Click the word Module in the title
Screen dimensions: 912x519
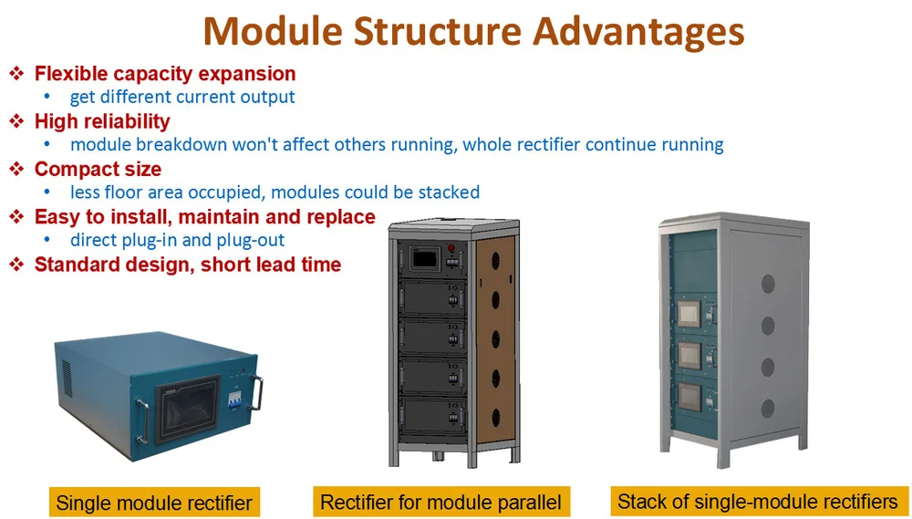pos(274,31)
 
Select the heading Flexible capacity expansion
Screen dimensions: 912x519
pos(165,74)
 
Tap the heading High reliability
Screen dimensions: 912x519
pos(102,121)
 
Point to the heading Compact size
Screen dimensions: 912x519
pos(98,170)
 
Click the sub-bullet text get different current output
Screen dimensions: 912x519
pos(182,97)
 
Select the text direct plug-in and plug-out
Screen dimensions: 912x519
pos(178,240)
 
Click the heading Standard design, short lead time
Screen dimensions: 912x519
pos(188,265)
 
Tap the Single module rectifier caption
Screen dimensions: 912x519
pos(154,503)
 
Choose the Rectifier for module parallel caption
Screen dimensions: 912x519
pos(440,502)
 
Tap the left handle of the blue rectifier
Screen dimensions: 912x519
pos(143,421)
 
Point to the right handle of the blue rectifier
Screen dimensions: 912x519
pos(256,393)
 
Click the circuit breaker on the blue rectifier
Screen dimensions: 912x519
pos(234,399)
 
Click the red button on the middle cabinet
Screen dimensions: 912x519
pos(451,248)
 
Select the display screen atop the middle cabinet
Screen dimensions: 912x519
pos(425,258)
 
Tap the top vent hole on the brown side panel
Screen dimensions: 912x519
pos(495,261)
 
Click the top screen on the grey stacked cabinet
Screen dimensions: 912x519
pos(689,314)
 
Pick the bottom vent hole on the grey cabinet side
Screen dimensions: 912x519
pos(768,409)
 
